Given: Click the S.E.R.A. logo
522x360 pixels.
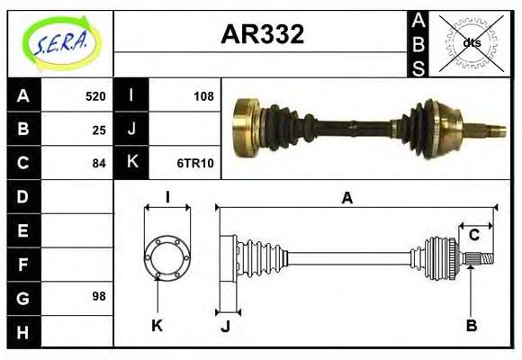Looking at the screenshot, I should click(59, 40).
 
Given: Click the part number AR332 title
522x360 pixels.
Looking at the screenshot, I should click(262, 34).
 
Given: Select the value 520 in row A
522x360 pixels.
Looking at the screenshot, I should click(95, 96).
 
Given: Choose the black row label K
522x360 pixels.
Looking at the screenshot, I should click(131, 163).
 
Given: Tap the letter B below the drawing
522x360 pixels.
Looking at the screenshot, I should click(471, 324).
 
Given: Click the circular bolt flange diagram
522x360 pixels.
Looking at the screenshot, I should click(167, 256).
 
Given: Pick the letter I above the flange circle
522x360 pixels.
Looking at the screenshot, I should click(167, 196).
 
